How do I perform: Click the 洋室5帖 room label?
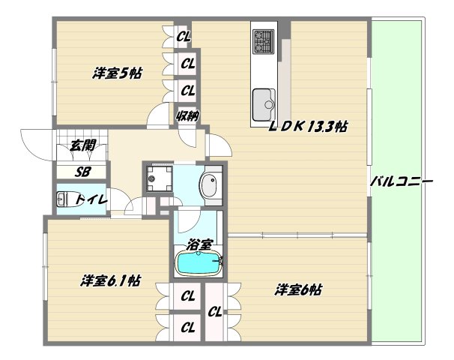pyautogui.click(x=118, y=73)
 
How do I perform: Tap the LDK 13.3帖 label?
pyautogui.click(x=308, y=127)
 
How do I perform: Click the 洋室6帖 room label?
pyautogui.click(x=298, y=289)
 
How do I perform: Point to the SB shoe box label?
pyautogui.click(x=83, y=172)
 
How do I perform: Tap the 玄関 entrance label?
pyautogui.click(x=83, y=146)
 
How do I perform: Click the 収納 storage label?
pyautogui.click(x=187, y=115)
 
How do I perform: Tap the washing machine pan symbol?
pyautogui.click(x=158, y=177)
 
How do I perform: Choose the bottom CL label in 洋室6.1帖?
pyautogui.click(x=187, y=327)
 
